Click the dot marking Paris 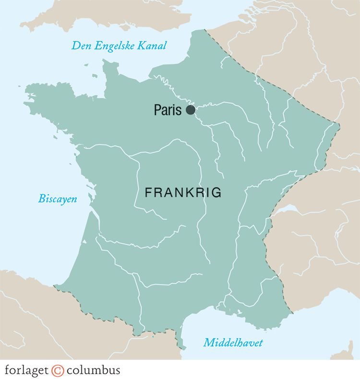tap(191, 110)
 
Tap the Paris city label tap(168, 110)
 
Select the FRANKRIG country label tap(183, 193)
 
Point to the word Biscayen tap(58, 199)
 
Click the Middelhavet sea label tap(233, 343)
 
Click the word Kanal tap(153, 46)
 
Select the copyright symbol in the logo tap(58, 370)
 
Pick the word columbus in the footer tap(93, 370)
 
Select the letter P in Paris tap(157, 110)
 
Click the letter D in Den tap(75, 46)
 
